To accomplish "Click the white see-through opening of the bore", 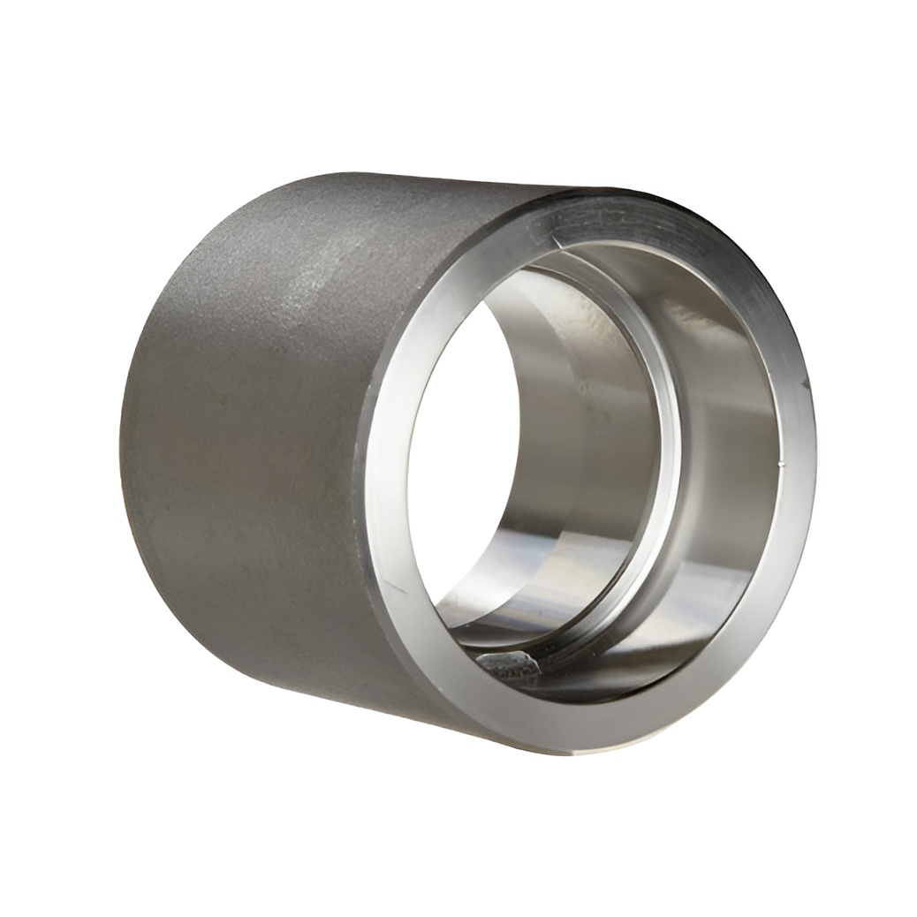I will pos(459,459).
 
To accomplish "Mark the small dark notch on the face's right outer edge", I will pos(806,383).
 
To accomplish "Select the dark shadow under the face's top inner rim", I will pos(618,252).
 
